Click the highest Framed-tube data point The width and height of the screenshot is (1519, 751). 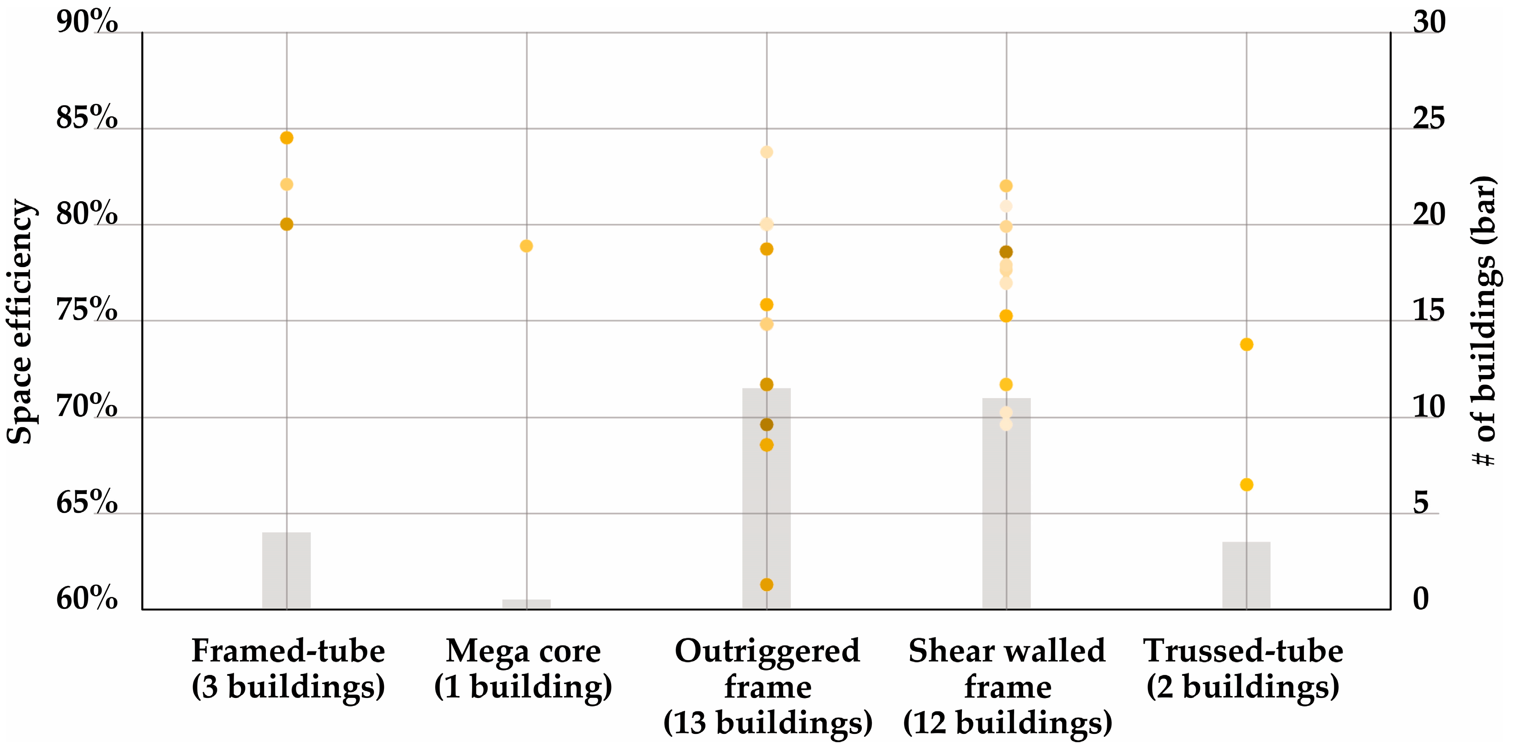[287, 138]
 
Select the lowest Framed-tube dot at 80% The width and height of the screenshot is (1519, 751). [287, 224]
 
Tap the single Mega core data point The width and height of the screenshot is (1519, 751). [526, 246]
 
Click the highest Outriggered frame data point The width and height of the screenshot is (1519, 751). [766, 152]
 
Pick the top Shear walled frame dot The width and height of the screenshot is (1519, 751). [1006, 186]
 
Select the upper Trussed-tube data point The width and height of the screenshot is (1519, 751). [1246, 344]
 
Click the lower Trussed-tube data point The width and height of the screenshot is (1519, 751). [1246, 484]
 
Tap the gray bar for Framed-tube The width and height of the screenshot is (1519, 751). [287, 571]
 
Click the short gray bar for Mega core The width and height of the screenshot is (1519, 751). [526, 604]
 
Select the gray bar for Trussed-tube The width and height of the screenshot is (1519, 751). [1246, 575]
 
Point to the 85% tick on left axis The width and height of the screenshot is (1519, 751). [87, 118]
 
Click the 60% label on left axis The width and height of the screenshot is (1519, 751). [87, 599]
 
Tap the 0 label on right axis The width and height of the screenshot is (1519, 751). [1421, 599]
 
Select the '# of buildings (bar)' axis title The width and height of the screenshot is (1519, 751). [1483, 321]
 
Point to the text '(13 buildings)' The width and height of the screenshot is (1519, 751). [767, 723]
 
